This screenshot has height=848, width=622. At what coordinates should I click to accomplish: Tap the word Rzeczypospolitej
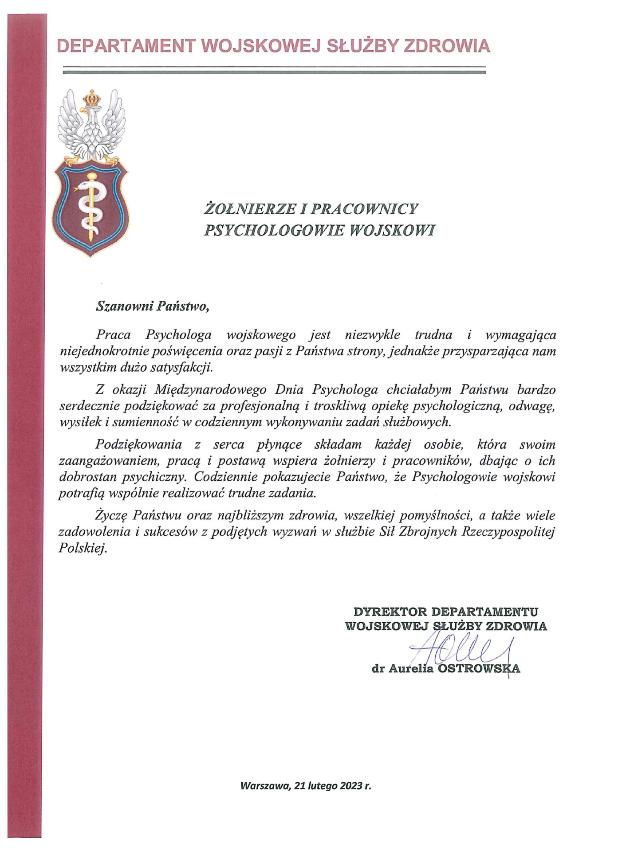(508, 531)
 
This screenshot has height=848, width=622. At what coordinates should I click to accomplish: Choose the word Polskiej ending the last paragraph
(83, 548)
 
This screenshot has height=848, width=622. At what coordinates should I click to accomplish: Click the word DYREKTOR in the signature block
(390, 612)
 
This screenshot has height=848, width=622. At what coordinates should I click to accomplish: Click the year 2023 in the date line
(351, 786)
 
